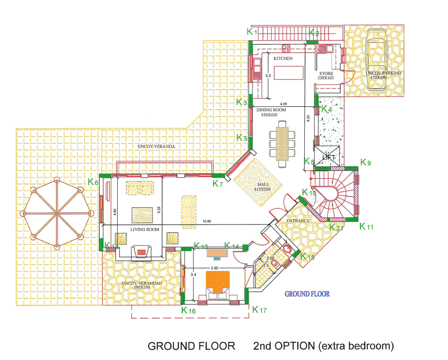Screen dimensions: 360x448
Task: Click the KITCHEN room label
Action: [283, 59]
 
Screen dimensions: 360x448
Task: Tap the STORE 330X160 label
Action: [325, 75]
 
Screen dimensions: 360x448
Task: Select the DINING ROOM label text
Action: [271, 110]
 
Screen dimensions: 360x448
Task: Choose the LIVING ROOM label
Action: [145, 229]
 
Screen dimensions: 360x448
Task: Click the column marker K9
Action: [366, 162]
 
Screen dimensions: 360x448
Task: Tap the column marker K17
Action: [259, 310]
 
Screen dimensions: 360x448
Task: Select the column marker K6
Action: [93, 182]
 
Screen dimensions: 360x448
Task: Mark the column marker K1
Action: [252, 31]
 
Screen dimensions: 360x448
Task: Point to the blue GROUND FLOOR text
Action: [307, 294]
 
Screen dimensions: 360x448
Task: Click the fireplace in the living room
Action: [142, 252]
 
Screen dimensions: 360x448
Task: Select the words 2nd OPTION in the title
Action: [283, 346]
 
